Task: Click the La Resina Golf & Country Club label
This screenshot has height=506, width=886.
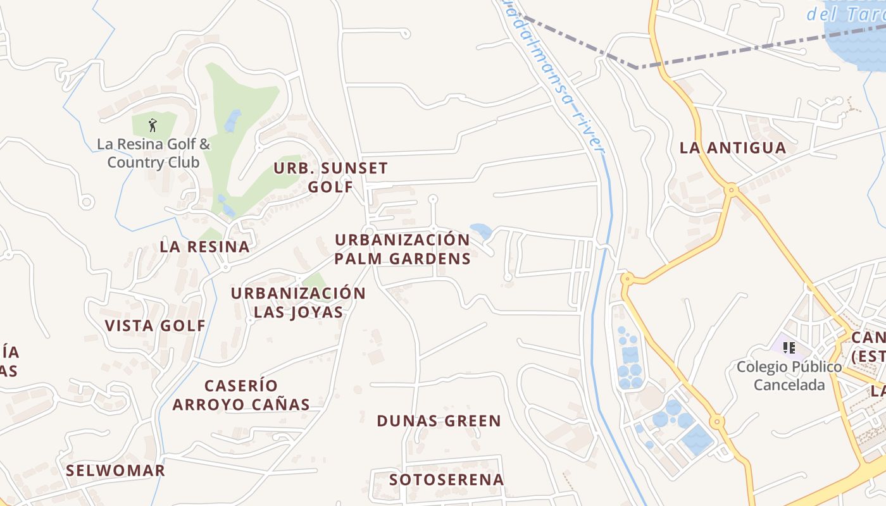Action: tap(153, 153)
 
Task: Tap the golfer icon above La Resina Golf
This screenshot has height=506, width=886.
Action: tap(152, 125)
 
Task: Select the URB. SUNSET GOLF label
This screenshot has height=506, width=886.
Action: tap(330, 178)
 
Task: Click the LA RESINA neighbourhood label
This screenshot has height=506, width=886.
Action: tap(204, 247)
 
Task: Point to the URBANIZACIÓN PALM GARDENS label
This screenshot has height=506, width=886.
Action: tap(402, 249)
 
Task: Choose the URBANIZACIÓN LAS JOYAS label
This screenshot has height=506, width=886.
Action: tap(298, 302)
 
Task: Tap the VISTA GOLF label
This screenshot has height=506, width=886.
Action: tap(155, 326)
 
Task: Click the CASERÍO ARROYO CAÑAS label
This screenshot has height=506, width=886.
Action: tap(241, 395)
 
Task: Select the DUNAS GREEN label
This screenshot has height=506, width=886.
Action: tap(439, 421)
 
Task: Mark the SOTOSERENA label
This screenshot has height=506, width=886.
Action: tap(447, 479)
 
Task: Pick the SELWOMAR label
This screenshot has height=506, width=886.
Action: tap(115, 471)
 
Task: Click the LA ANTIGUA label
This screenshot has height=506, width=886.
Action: tap(733, 148)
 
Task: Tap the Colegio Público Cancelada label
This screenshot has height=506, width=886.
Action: tap(789, 376)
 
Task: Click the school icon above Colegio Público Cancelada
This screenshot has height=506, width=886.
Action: tap(789, 347)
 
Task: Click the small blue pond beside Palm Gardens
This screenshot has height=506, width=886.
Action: tap(481, 231)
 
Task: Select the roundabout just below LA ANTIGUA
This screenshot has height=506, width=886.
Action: tap(732, 189)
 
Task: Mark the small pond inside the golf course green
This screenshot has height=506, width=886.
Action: tap(232, 120)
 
